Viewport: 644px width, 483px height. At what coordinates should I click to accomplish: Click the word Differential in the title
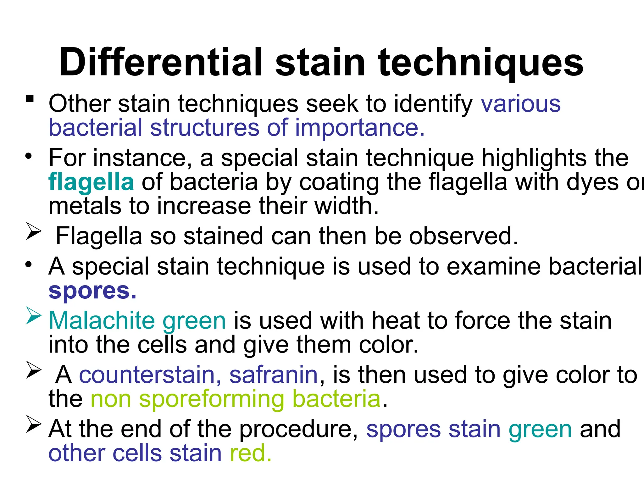(x=160, y=62)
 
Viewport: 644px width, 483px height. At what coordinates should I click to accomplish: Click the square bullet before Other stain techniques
(x=30, y=99)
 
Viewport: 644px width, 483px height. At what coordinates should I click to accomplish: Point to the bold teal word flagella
(x=91, y=183)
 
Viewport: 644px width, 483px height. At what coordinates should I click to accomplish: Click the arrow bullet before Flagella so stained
(x=34, y=231)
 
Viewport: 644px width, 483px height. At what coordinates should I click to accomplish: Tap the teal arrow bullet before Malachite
(x=34, y=316)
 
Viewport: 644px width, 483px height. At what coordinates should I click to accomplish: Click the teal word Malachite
(x=102, y=321)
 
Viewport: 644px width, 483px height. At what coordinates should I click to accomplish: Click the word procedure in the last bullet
(x=298, y=430)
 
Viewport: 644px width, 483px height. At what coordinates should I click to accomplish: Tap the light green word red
(x=250, y=453)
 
